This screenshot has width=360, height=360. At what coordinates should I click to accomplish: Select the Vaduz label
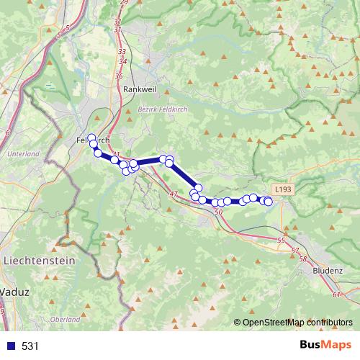click(x=14, y=292)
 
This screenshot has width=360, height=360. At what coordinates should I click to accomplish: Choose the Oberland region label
click(x=66, y=319)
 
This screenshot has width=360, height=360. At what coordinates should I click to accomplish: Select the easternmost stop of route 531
click(x=269, y=202)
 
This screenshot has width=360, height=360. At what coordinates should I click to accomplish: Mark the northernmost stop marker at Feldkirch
click(x=91, y=138)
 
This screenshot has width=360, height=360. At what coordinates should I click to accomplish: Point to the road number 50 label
click(x=219, y=212)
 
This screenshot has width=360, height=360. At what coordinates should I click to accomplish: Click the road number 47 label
click(x=173, y=194)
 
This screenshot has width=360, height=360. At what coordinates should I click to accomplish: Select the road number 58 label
click(x=302, y=258)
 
